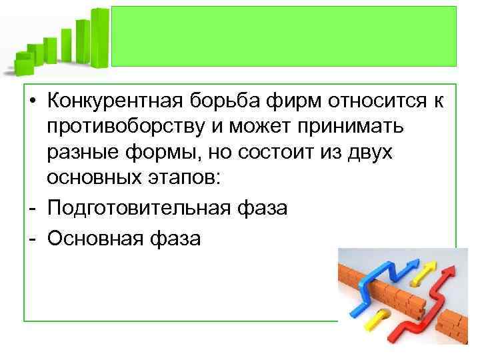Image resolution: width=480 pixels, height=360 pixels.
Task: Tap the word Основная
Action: [93, 237]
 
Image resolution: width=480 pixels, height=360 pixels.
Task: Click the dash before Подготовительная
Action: [32, 208]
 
